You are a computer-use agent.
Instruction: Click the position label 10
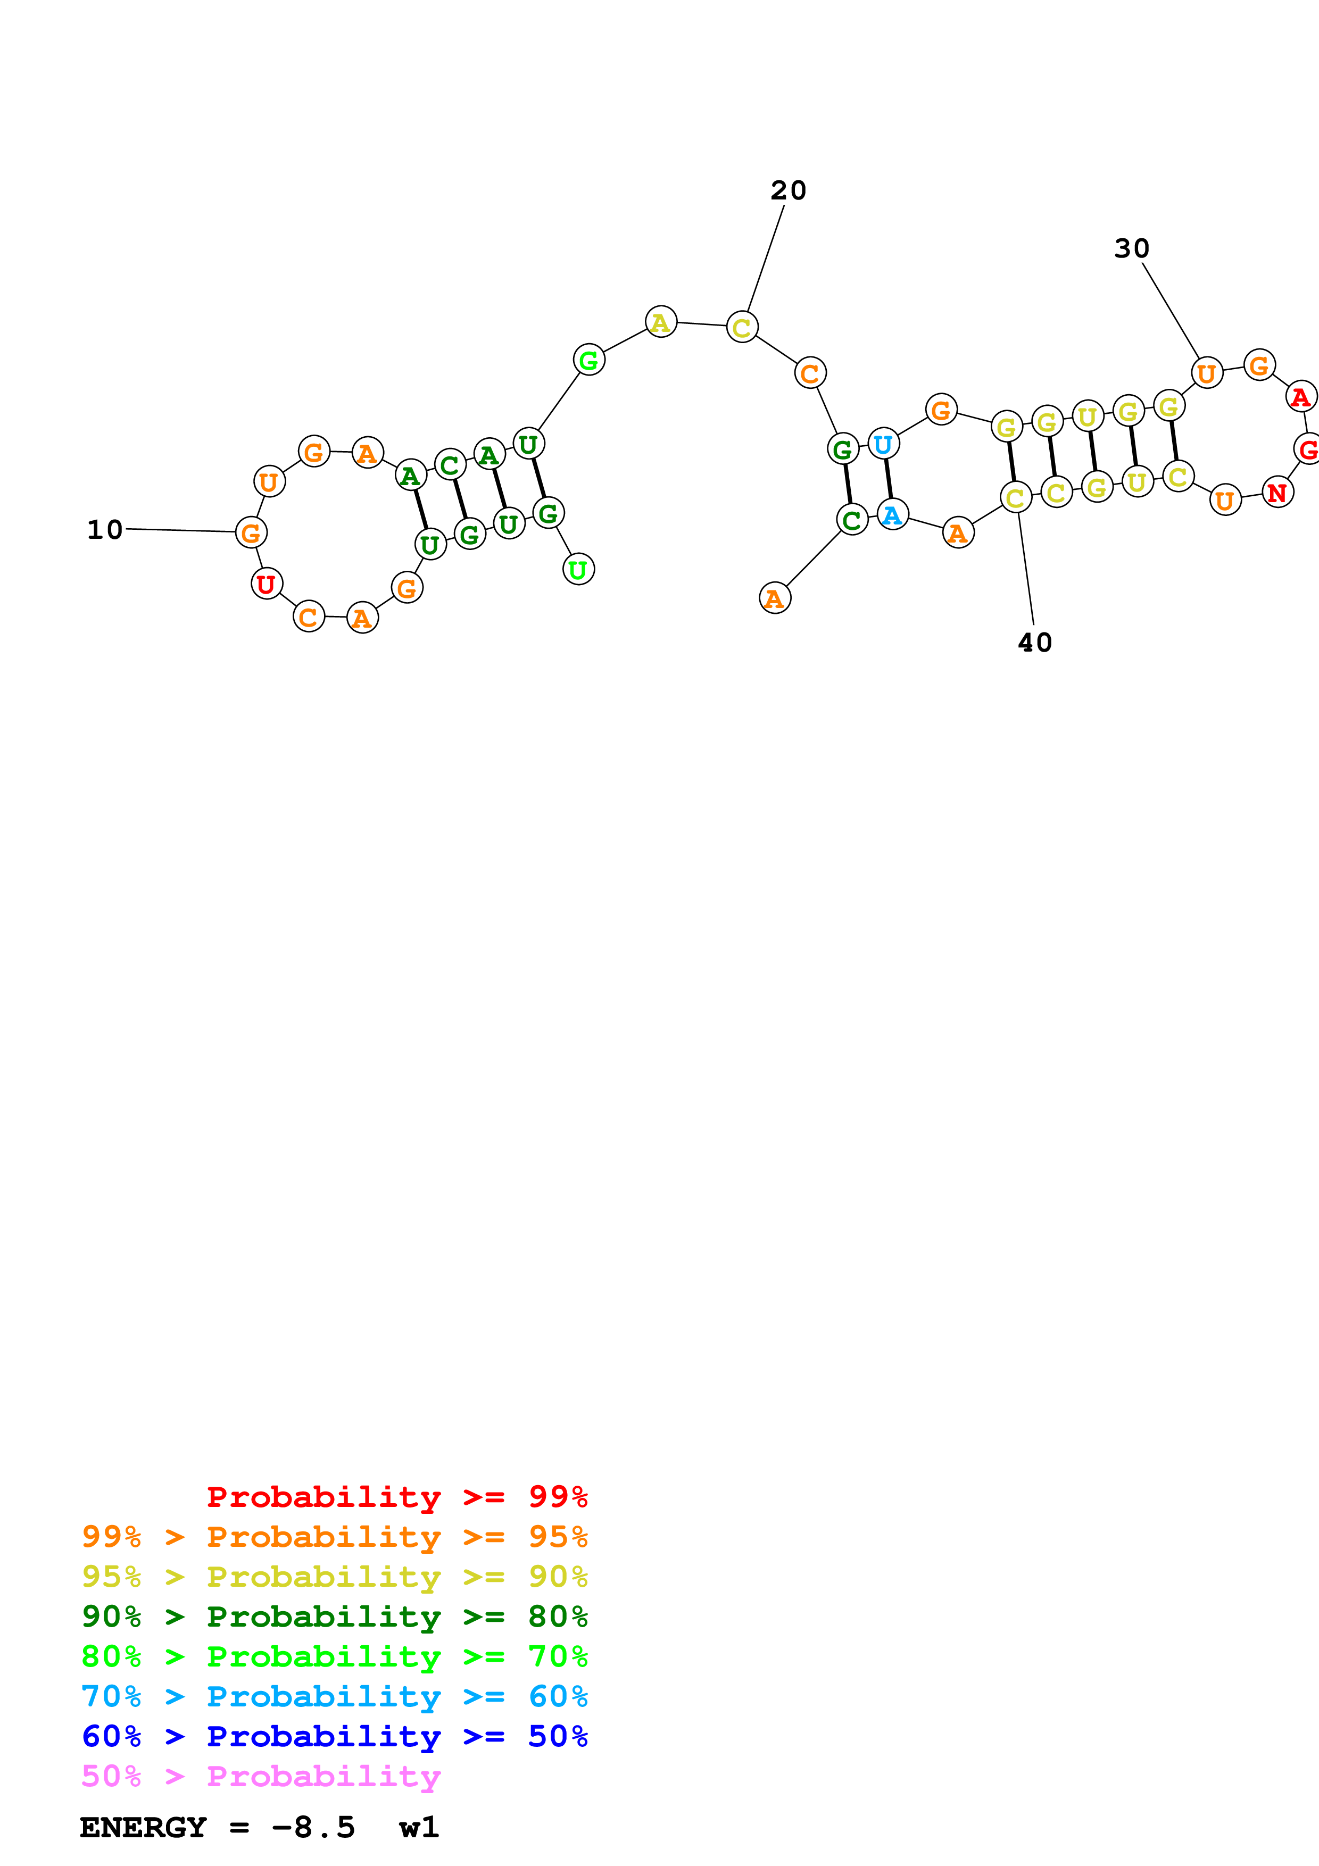pyautogui.click(x=105, y=530)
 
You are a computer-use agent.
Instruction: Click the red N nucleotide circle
pyautogui.click(x=1277, y=493)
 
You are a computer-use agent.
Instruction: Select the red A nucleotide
pyautogui.click(x=1300, y=397)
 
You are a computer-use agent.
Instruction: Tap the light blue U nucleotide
pyautogui.click(x=883, y=444)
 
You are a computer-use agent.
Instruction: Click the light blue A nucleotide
pyautogui.click(x=892, y=514)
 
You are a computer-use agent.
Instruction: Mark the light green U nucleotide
pyautogui.click(x=578, y=570)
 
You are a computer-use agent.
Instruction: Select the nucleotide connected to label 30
pyautogui.click(x=1207, y=373)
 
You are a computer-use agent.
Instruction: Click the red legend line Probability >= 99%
pyautogui.click(x=396, y=1496)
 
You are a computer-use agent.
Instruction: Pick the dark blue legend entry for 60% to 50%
pyautogui.click(x=334, y=1736)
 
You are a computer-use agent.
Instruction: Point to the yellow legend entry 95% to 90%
pyautogui.click(x=334, y=1576)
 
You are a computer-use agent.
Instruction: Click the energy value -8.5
pyautogui.click(x=313, y=1827)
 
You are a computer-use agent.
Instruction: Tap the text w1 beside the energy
pyautogui.click(x=419, y=1827)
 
